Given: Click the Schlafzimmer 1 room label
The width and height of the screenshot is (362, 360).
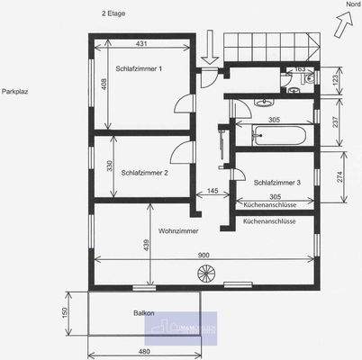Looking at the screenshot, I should tap(139, 68).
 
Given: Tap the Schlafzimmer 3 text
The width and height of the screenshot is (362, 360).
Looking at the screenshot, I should tap(277, 182).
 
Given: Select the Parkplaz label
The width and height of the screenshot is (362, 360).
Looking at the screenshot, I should tap(17, 92).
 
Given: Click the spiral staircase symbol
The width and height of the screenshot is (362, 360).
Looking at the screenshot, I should tap(204, 273).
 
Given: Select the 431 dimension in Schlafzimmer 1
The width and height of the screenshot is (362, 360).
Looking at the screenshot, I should tap(141, 44).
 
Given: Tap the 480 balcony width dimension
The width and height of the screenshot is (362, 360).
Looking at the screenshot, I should tap(143, 350).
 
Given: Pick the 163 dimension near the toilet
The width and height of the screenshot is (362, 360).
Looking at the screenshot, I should tap(300, 68).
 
